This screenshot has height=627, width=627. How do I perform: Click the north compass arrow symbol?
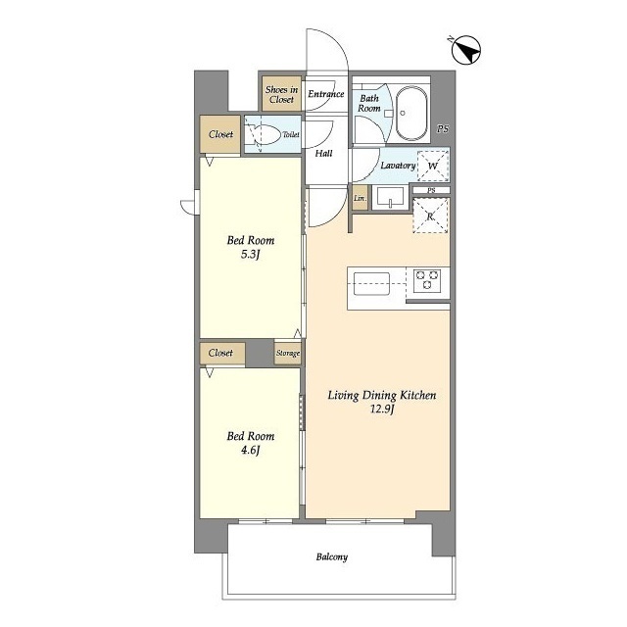tap(466, 50)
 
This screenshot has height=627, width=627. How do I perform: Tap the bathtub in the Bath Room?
tap(410, 113)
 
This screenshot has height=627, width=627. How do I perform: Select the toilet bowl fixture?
tap(263, 134)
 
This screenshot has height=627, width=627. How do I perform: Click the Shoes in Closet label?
tap(281, 94)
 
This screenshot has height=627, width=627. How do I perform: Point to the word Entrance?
tap(326, 94)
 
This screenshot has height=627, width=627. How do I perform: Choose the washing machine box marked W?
tap(433, 166)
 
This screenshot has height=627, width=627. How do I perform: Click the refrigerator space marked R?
tap(430, 217)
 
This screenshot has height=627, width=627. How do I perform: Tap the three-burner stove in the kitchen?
tap(427, 279)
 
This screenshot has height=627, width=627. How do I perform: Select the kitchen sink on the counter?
tap(371, 284)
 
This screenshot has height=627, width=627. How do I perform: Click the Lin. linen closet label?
tap(360, 198)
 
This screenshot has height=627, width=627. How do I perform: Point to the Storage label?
tap(288, 353)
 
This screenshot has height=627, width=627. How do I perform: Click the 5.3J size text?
tap(251, 255)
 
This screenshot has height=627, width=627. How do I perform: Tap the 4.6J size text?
tap(251, 451)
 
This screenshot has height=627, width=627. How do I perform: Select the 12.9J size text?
tap(382, 410)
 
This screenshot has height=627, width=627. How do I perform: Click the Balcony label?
tap(332, 557)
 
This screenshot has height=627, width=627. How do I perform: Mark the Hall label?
tap(323, 153)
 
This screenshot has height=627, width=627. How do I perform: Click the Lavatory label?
tap(398, 166)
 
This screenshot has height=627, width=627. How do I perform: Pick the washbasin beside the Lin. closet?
tap(390, 198)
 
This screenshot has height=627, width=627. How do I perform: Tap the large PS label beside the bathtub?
tap(443, 128)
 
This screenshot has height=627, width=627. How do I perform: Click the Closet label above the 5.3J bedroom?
tap(220, 134)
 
